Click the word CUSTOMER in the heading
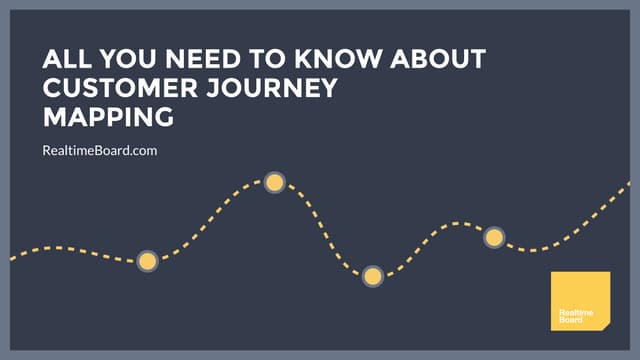point(116,89)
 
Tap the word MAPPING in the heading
point(108,118)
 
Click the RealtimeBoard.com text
point(100,151)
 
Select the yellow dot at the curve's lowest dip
point(373,276)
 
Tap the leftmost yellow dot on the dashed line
point(147,262)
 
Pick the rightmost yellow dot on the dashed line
point(493,238)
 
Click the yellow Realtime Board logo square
point(580,300)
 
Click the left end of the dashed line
point(12,258)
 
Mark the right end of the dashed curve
point(629,183)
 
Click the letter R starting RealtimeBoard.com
point(47,151)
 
